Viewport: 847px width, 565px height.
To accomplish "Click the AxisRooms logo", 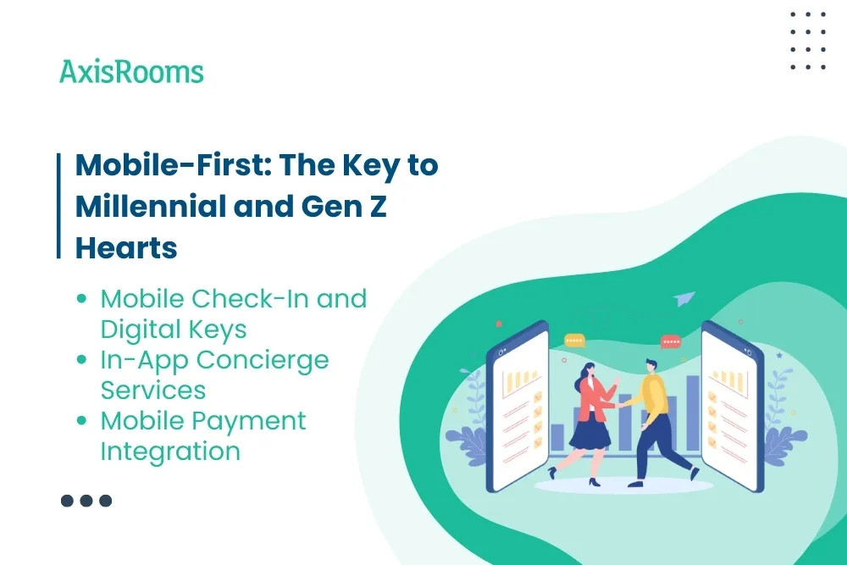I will pos(131,72).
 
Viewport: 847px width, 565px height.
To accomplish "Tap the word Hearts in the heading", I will pos(126,247).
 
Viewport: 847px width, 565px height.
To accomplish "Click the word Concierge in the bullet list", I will pos(263,360).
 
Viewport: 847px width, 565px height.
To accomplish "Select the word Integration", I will pos(170,451).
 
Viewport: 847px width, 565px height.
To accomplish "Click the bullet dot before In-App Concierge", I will pos(82,360).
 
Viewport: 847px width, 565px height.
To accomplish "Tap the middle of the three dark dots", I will pos(86,501).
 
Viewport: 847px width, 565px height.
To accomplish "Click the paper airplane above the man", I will pos(685,298).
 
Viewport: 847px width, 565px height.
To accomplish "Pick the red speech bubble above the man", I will pos(671,341).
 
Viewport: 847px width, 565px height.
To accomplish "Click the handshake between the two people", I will pos(623,405).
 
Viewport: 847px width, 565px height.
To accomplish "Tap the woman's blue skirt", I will pos(590,432).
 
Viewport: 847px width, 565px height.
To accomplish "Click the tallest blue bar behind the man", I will pos(692,413).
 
